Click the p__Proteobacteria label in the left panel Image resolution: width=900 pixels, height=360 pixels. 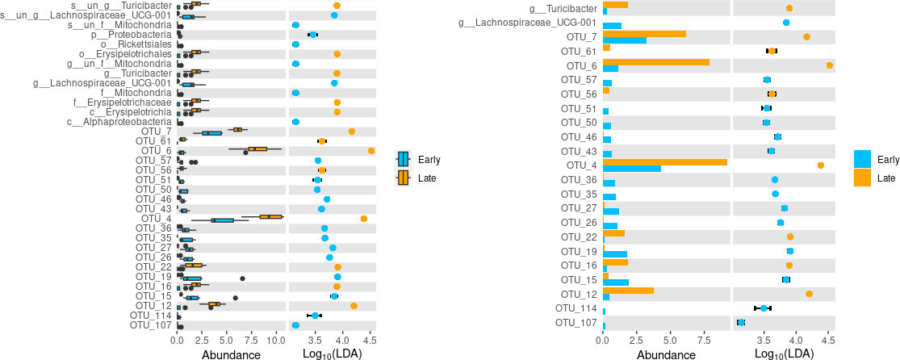coord(132,35)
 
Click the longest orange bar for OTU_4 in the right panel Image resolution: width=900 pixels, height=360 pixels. coord(664,161)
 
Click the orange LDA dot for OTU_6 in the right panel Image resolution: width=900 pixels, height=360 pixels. coord(830,65)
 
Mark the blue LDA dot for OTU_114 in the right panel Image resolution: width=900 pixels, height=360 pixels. coord(764,308)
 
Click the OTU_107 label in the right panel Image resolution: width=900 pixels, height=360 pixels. coord(576,323)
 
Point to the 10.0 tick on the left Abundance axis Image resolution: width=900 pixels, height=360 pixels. coord(276,341)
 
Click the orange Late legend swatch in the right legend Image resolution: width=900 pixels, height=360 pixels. coord(862,178)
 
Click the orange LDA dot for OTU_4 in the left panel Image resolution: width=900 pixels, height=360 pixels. coord(364,219)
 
